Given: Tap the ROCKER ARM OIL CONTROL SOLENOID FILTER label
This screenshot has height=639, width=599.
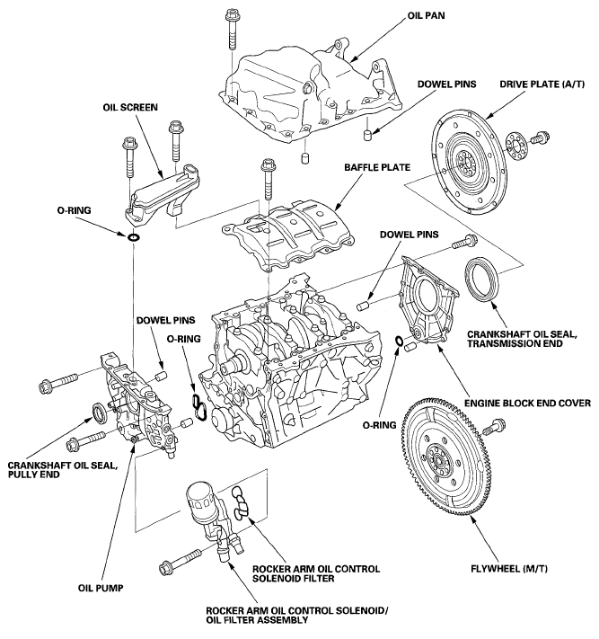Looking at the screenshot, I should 315,574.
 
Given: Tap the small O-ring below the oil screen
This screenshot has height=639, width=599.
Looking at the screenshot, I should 133,237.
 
